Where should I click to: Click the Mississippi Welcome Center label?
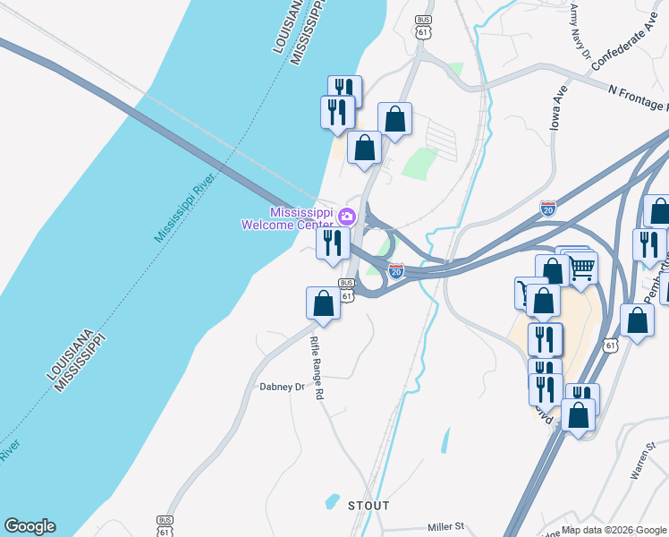(287, 218)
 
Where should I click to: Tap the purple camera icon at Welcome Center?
(347, 217)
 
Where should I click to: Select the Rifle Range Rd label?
(315, 368)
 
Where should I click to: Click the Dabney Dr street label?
(282, 388)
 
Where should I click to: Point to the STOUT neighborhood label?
(368, 506)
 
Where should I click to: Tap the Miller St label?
(446, 527)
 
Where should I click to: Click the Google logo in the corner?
(30, 526)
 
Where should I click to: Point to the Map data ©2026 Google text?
(614, 530)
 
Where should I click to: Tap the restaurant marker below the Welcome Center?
(333, 243)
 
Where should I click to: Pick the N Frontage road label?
(638, 92)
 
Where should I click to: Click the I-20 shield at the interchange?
(396, 268)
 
